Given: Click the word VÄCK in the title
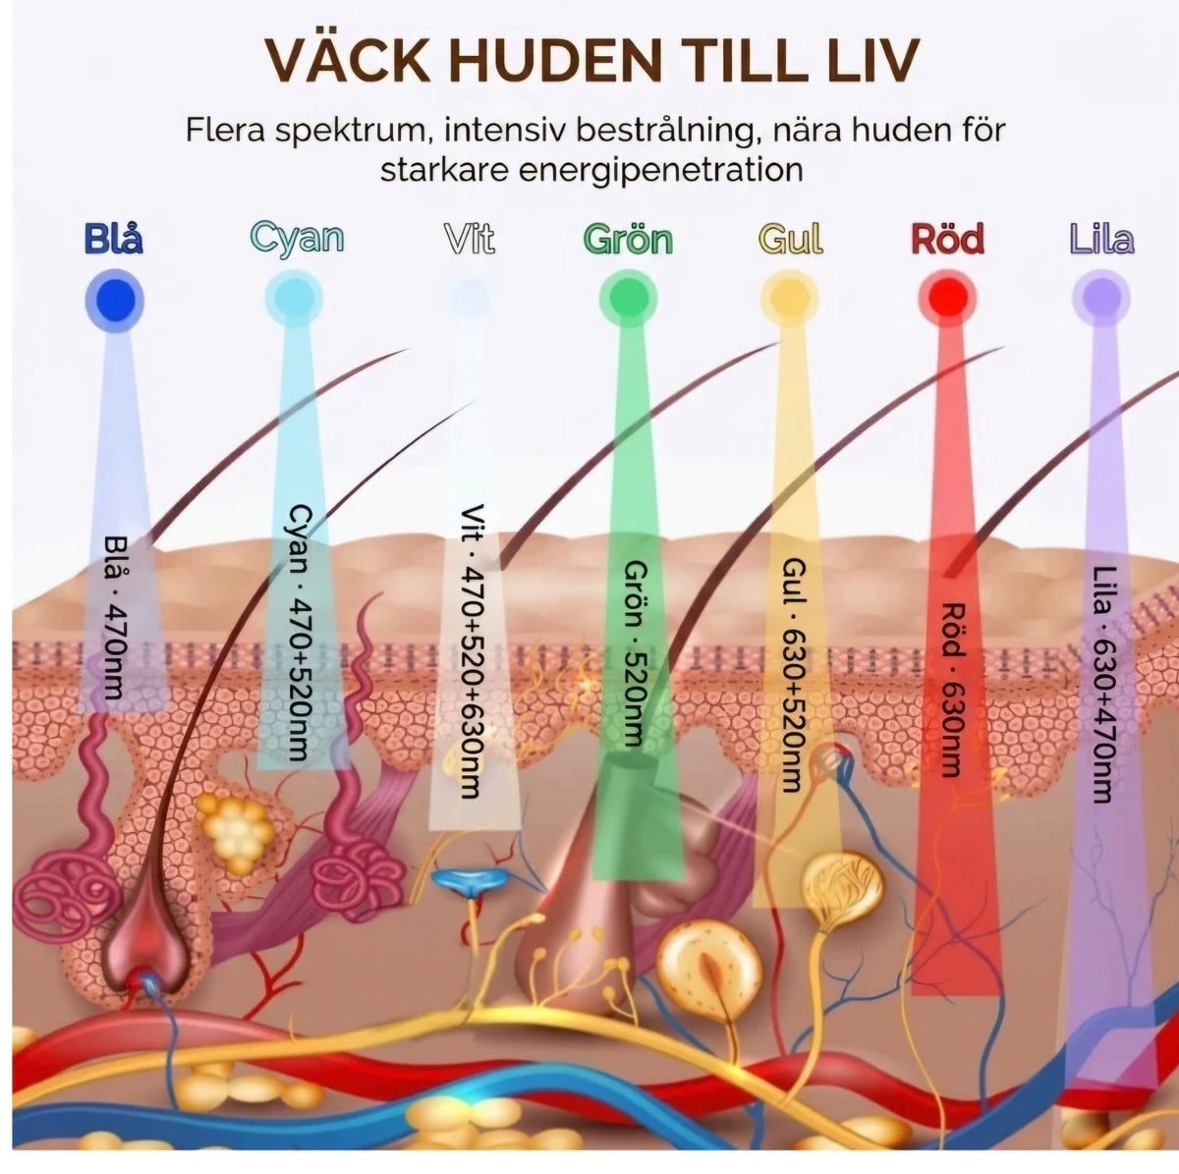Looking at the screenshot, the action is click(348, 61).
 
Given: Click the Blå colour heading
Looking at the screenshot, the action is click(114, 239).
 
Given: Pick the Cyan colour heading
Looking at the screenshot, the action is click(297, 240).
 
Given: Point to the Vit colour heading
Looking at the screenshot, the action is click(470, 239).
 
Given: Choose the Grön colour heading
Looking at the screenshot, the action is click(628, 239).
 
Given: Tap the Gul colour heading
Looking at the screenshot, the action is click(790, 239).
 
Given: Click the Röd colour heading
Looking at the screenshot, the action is click(948, 239).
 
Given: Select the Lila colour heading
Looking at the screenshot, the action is click(1101, 239).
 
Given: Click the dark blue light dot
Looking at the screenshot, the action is click(114, 301).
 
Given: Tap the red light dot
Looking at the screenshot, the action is click(947, 298).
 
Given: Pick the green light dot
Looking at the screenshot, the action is click(628, 299).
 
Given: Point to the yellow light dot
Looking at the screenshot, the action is click(790, 298).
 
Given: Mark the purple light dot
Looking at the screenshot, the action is click(1101, 298).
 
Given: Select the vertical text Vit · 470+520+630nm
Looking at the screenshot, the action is click(472, 651).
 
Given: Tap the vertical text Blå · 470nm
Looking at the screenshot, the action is click(114, 618).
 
